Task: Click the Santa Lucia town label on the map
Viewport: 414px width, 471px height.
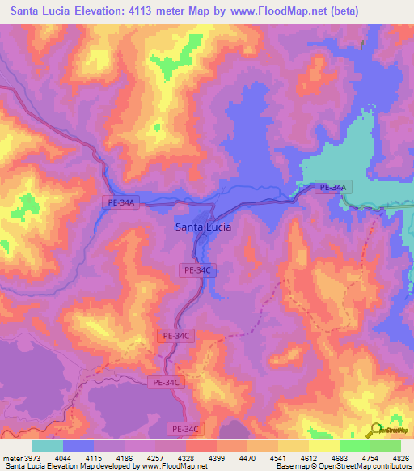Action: (x=203, y=227)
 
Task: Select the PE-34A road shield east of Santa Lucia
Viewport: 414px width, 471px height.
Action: (x=333, y=188)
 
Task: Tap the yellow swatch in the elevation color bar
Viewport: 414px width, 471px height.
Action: (x=323, y=446)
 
